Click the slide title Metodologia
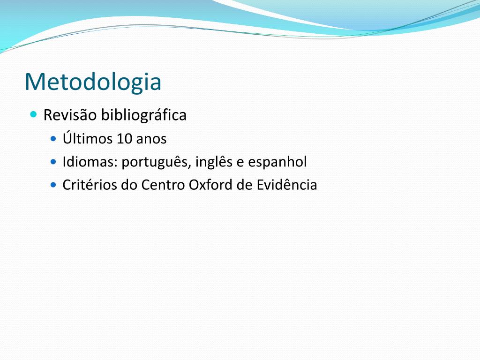tap(93, 82)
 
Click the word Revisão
tap(70, 115)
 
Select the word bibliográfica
tap(143, 115)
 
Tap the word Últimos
tap(87, 138)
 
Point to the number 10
tap(124, 139)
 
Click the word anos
tap(151, 140)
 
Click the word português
tap(156, 162)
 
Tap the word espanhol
tap(277, 162)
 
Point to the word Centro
tap(163, 185)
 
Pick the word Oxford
tap(210, 185)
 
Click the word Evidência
tap(286, 185)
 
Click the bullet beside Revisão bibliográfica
tap(34, 115)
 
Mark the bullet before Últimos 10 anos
tap(53, 139)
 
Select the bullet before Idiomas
tap(53, 162)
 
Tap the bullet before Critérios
tap(53, 185)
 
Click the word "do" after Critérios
tap(129, 185)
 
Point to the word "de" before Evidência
tap(244, 185)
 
